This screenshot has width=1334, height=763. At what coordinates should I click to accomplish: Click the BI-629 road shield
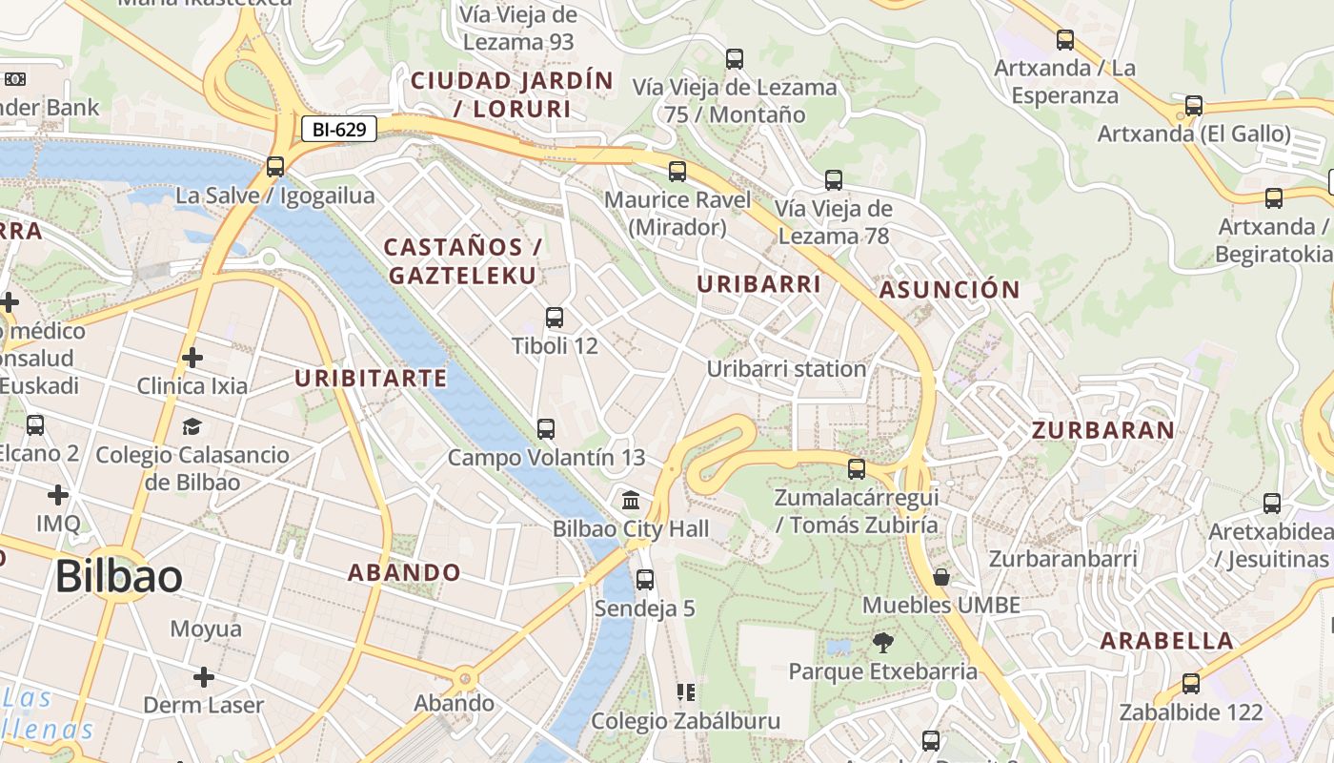pyautogui.click(x=339, y=129)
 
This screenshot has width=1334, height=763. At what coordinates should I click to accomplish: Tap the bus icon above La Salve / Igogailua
pyautogui.click(x=275, y=167)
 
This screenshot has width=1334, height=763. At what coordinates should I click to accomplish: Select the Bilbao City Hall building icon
pyautogui.click(x=631, y=500)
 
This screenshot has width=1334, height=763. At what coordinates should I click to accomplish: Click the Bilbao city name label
pyautogui.click(x=118, y=577)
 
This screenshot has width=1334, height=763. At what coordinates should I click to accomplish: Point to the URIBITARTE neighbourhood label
pyautogui.click(x=371, y=379)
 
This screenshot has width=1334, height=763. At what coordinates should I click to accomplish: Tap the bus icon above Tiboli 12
pyautogui.click(x=555, y=318)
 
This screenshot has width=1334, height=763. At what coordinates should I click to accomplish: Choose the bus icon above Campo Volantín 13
pyautogui.click(x=546, y=429)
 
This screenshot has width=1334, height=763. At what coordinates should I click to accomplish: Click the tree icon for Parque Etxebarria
pyautogui.click(x=883, y=643)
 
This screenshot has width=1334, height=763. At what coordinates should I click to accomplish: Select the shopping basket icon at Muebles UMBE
pyautogui.click(x=941, y=577)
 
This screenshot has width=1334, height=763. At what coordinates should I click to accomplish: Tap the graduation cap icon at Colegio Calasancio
pyautogui.click(x=192, y=426)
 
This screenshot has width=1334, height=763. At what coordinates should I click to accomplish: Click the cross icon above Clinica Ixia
pyautogui.click(x=192, y=358)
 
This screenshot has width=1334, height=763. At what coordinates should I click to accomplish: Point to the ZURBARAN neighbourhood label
pyautogui.click(x=1103, y=430)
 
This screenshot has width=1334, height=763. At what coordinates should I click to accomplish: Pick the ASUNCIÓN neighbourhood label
pyautogui.click(x=949, y=290)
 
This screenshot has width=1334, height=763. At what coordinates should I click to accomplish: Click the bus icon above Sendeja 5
pyautogui.click(x=645, y=580)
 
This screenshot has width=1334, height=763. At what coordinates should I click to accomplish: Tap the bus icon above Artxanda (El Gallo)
pyautogui.click(x=1194, y=106)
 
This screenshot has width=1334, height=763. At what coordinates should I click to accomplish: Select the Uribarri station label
pyautogui.click(x=786, y=369)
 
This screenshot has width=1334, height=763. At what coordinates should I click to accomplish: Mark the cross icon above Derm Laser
pyautogui.click(x=204, y=677)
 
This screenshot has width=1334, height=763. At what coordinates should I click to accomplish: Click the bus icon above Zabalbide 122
pyautogui.click(x=1191, y=684)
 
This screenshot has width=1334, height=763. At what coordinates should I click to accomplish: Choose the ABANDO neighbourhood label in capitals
pyautogui.click(x=404, y=573)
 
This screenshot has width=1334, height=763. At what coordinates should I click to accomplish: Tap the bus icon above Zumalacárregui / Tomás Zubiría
pyautogui.click(x=857, y=469)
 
